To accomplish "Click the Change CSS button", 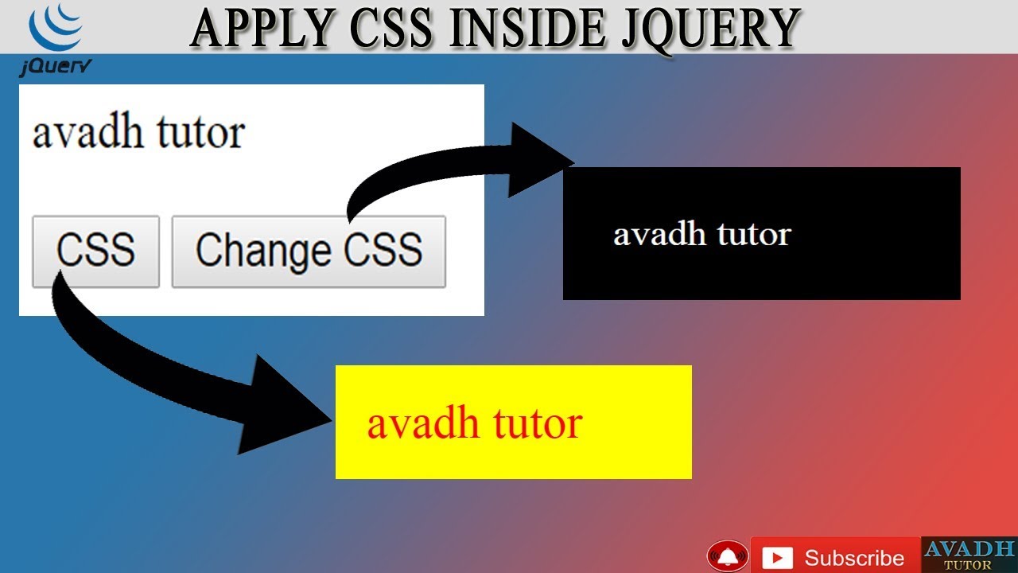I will [309, 251].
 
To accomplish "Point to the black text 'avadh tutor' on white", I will [138, 133].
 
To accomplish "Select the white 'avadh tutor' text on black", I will [701, 235].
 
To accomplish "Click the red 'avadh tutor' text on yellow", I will [474, 423].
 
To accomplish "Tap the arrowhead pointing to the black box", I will [541, 159].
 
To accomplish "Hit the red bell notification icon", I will [727, 555].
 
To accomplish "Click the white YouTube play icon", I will [777, 558].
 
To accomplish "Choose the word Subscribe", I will [854, 558].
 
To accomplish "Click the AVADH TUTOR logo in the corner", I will [969, 554].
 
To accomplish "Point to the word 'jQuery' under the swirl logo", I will [54, 68].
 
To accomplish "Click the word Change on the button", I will [263, 251].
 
